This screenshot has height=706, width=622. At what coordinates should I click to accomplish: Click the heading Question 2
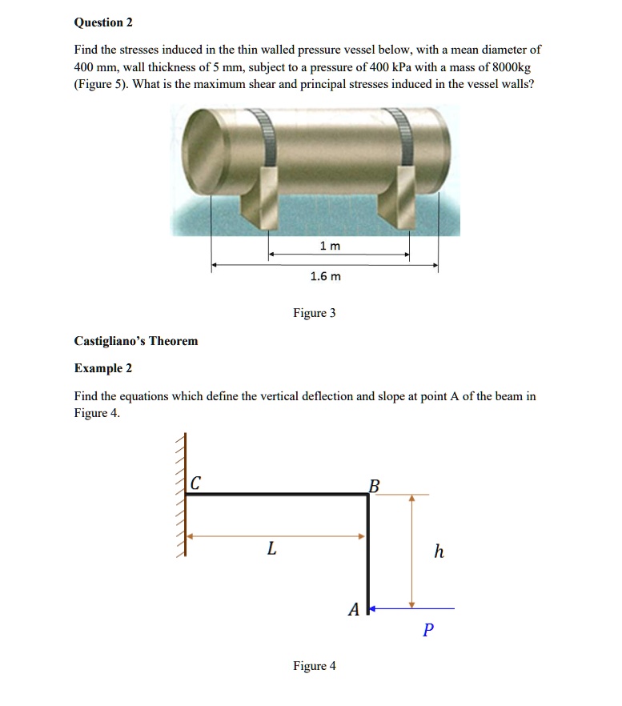click(x=103, y=22)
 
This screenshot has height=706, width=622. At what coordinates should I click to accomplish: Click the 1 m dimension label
click(x=330, y=246)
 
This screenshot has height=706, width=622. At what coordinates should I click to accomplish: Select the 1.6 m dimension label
click(x=325, y=276)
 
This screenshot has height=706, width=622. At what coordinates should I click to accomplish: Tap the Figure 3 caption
click(x=314, y=313)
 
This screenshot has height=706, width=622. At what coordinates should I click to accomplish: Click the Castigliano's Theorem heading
click(x=135, y=341)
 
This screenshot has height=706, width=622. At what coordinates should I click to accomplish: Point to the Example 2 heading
click(x=103, y=368)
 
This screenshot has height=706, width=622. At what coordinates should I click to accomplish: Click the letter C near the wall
click(x=196, y=483)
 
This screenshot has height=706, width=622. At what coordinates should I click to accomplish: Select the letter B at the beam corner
click(x=373, y=484)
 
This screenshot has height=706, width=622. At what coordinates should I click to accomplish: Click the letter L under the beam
click(x=272, y=550)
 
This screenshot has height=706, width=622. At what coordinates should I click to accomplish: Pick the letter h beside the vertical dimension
click(x=438, y=552)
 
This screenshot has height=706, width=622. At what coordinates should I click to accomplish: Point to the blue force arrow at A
click(x=412, y=609)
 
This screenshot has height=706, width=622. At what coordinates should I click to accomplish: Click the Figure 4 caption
click(x=314, y=666)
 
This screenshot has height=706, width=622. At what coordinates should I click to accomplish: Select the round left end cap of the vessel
click(x=203, y=151)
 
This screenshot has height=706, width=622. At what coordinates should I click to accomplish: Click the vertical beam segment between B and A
click(x=367, y=552)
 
